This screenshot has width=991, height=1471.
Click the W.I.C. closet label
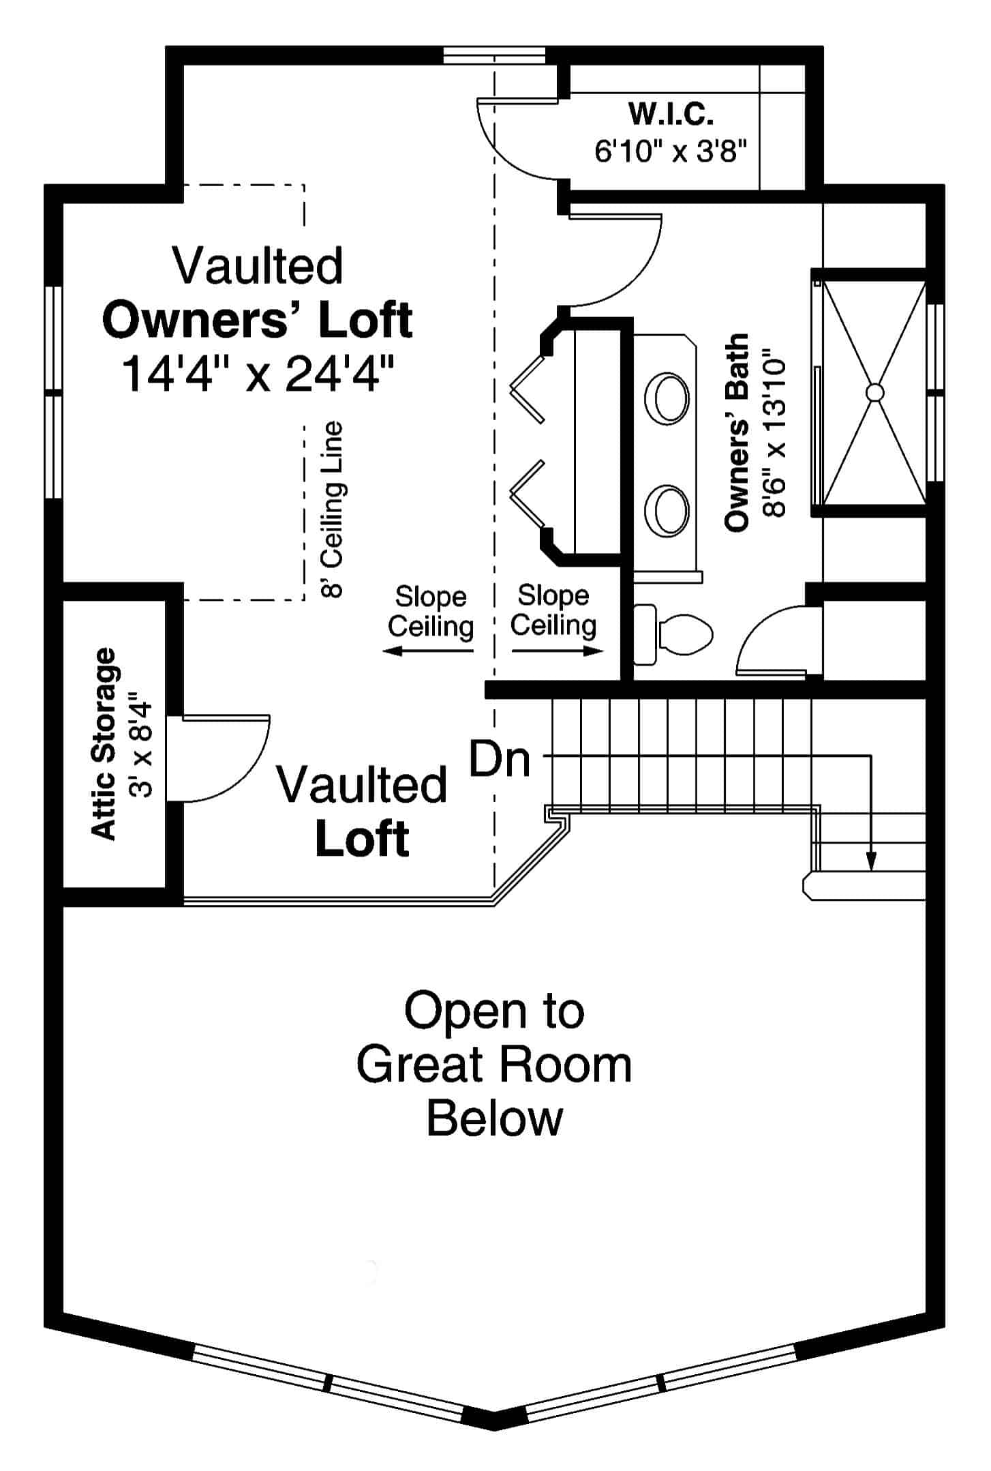[x=671, y=114]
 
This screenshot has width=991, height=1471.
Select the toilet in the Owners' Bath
[x=675, y=634]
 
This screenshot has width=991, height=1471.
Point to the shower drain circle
[x=874, y=392]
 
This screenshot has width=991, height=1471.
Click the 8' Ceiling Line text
[x=333, y=509]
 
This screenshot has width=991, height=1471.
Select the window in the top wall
[x=494, y=55]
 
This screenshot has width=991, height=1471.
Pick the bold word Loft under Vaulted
[x=362, y=839]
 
